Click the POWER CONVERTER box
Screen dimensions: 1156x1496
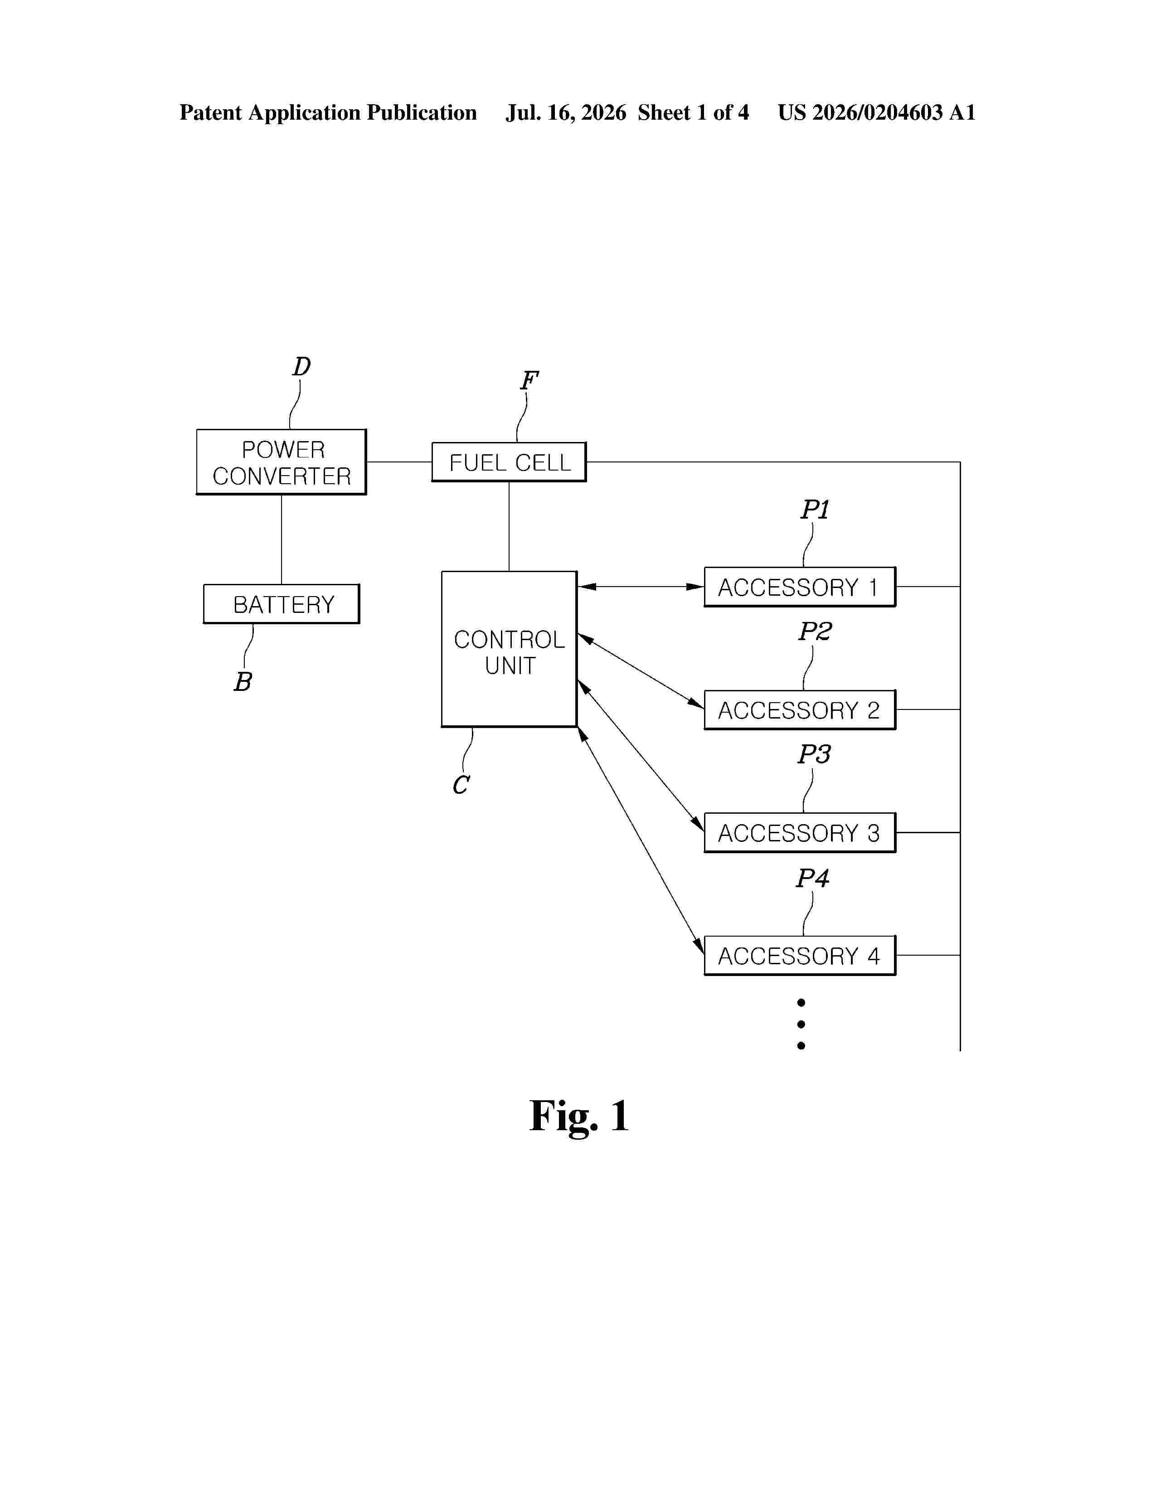[x=282, y=461]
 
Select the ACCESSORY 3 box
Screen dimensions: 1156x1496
[x=800, y=833]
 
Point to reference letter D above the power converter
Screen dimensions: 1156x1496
[x=302, y=366]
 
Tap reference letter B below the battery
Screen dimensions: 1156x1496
[x=243, y=681]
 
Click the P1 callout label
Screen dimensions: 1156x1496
[x=815, y=510]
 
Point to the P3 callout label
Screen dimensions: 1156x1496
[x=814, y=755]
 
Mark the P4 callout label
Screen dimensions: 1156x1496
[x=813, y=878]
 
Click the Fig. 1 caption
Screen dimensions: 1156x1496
[x=579, y=1116]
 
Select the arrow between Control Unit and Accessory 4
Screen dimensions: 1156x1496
[x=641, y=841]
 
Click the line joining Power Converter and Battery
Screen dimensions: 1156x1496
[x=282, y=540]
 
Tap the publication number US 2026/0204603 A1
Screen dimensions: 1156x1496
[x=877, y=112]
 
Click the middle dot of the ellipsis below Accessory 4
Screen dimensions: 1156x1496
[x=801, y=1024]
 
